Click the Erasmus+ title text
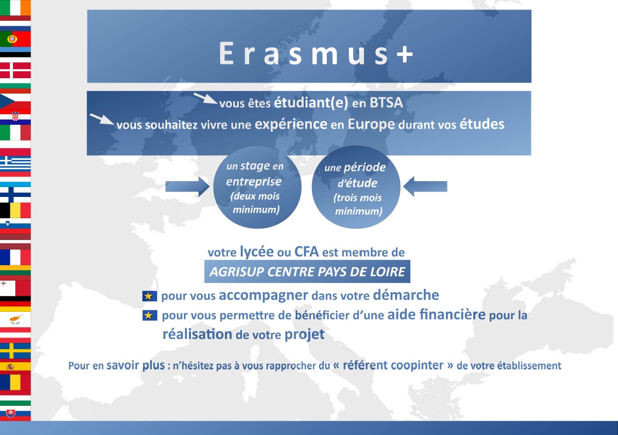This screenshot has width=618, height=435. click(316, 53)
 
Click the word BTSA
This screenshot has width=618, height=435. click(386, 103)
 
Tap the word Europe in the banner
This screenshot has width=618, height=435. click(371, 125)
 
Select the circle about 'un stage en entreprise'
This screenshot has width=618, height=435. click(257, 187)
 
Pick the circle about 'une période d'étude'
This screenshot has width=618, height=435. click(356, 187)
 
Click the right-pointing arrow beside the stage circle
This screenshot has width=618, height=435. click(187, 187)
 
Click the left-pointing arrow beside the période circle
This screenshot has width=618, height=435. click(425, 187)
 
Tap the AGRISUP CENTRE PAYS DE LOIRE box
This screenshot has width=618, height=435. click(307, 272)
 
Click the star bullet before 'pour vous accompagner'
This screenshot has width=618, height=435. click(149, 296)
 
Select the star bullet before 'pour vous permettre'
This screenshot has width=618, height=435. click(149, 315)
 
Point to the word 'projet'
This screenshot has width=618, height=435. click(305, 335)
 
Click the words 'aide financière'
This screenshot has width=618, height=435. click(436, 314)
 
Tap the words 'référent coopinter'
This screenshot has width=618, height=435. click(393, 365)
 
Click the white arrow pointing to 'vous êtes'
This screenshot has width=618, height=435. click(206, 98)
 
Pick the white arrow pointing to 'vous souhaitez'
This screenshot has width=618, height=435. click(102, 119)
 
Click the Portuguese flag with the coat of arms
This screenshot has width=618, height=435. click(15, 39)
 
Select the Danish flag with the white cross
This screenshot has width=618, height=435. click(15, 70)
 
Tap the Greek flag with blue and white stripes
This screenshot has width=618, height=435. click(15, 163)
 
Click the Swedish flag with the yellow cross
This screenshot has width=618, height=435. click(15, 351)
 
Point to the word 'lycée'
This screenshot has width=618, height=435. click(257, 252)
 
